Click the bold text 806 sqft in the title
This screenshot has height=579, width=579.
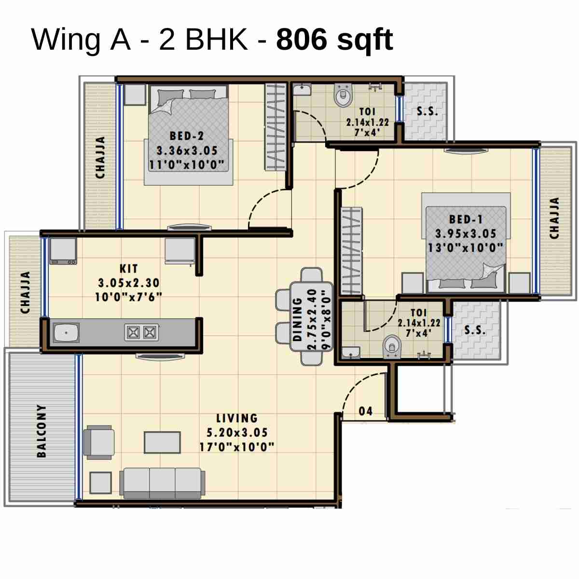click(x=334, y=40)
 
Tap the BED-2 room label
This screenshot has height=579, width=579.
click(x=187, y=136)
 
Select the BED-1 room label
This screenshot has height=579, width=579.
click(x=466, y=220)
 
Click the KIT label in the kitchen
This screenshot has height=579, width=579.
click(x=129, y=269)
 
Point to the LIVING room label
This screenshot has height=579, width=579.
click(x=236, y=418)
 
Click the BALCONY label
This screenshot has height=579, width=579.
click(x=42, y=431)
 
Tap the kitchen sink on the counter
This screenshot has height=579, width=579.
click(x=66, y=332)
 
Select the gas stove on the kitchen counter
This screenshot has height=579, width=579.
click(x=141, y=332)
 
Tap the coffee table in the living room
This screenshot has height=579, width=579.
click(x=163, y=442)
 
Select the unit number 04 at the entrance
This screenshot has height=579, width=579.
click(x=366, y=411)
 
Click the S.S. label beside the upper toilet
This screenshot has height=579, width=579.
click(x=427, y=111)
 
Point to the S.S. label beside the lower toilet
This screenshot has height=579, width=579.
click(x=475, y=330)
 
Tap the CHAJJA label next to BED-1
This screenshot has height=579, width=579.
click(x=554, y=218)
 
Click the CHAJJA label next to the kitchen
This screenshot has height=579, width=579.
click(x=25, y=292)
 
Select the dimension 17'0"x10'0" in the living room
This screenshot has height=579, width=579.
click(x=237, y=447)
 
